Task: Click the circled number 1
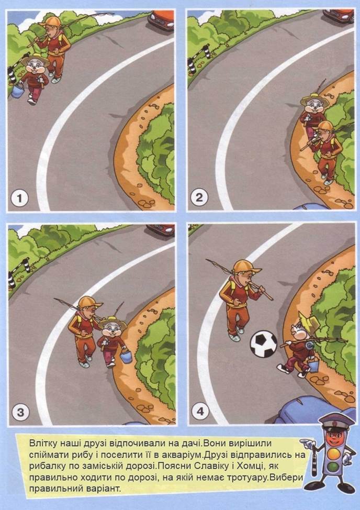(x=19, y=198)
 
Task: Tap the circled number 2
(x=199, y=197)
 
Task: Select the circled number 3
(x=20, y=413)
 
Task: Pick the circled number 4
(x=200, y=411)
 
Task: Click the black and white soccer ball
(x=264, y=344)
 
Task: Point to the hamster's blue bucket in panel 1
(x=18, y=91)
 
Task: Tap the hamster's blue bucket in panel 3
(x=126, y=356)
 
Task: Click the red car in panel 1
(x=161, y=20)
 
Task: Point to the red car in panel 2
(x=338, y=16)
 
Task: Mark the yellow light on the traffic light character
(x=334, y=453)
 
